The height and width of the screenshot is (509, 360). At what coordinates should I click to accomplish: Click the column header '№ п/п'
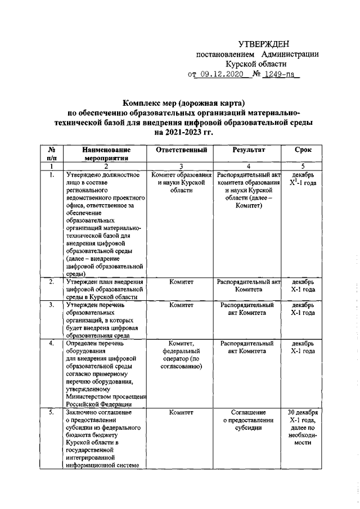[x=51, y=154]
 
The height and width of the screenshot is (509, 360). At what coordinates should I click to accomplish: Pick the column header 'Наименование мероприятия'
[x=106, y=154]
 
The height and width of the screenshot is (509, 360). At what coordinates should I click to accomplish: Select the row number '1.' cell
[x=51, y=175]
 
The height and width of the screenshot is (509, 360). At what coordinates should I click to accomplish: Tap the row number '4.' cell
[x=51, y=343]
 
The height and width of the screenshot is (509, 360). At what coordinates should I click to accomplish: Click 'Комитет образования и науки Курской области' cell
[x=181, y=183]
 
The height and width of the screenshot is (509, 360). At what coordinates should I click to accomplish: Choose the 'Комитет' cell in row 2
[x=181, y=281]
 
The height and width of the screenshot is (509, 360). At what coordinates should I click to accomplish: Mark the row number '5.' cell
[x=51, y=412]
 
